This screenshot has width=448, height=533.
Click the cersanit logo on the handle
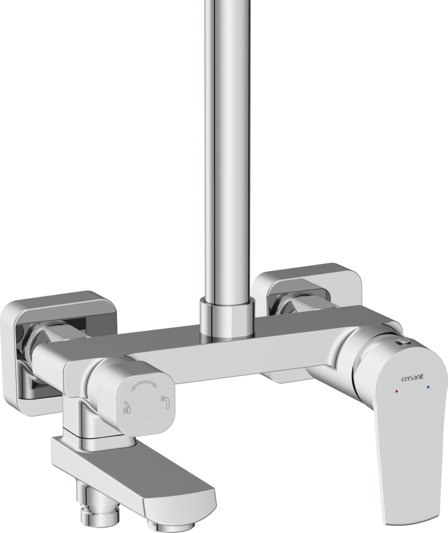412,379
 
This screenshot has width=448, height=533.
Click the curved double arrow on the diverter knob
145,385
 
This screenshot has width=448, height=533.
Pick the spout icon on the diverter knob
166,401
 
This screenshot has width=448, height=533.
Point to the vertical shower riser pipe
228,149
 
